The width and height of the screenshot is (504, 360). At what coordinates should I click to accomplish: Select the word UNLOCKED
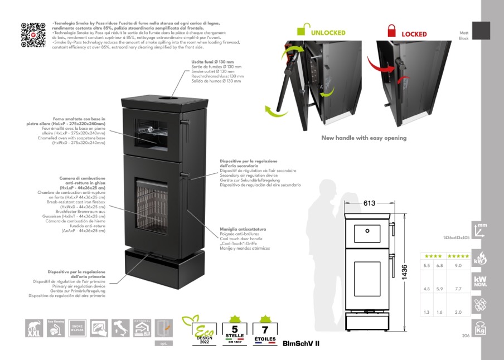pos(328,33)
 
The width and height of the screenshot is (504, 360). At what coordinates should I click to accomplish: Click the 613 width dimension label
pos(369,203)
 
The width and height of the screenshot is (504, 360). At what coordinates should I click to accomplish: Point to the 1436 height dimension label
pos(405,273)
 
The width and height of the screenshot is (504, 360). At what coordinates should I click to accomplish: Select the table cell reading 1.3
pos(427,313)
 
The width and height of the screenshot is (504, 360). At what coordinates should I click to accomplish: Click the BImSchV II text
pos(301,344)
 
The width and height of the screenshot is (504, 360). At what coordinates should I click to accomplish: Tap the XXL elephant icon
pos(34,328)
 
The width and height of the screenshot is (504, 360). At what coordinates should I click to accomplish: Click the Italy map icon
pos(121,328)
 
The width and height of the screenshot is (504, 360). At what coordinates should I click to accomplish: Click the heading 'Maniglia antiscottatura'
pos(242,229)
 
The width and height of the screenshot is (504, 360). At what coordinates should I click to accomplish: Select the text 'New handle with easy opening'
pos(364,138)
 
